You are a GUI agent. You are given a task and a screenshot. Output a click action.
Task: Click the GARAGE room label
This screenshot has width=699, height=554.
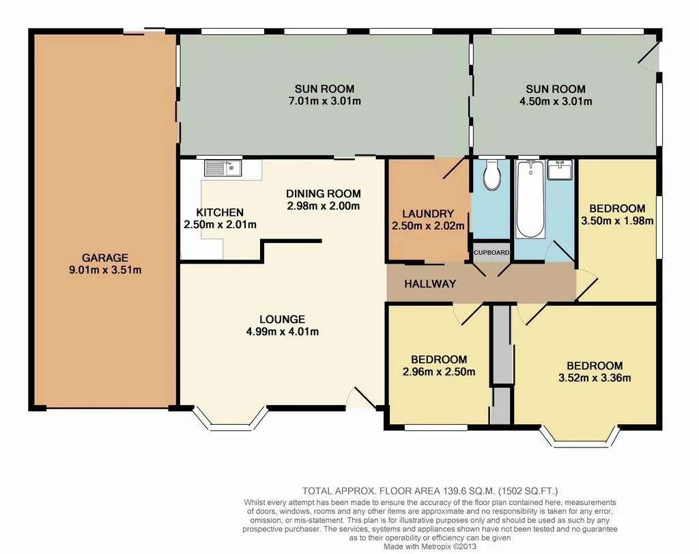105,258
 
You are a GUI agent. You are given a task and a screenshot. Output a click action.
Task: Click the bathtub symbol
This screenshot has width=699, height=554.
530,199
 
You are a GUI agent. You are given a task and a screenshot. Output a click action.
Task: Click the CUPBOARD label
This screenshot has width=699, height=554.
491,252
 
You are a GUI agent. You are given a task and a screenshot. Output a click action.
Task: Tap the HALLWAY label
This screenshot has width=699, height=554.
429,283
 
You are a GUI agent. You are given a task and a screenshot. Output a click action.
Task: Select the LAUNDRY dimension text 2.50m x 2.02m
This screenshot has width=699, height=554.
428,226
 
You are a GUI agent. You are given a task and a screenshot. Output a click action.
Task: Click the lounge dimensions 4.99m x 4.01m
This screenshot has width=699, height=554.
282,332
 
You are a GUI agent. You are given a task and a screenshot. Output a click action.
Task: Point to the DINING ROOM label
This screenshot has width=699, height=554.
323,193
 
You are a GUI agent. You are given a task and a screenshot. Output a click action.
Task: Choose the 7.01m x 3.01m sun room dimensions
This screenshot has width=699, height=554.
324,102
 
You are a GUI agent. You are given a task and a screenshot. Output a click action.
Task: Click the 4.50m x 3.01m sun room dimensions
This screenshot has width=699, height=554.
555,102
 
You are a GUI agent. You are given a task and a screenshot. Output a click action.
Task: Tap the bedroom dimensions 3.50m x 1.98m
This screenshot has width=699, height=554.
617,221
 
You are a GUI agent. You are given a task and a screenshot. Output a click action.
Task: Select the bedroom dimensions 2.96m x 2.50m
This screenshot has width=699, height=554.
439,372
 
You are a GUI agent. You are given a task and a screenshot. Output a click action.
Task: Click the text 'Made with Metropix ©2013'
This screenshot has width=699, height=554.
431,546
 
